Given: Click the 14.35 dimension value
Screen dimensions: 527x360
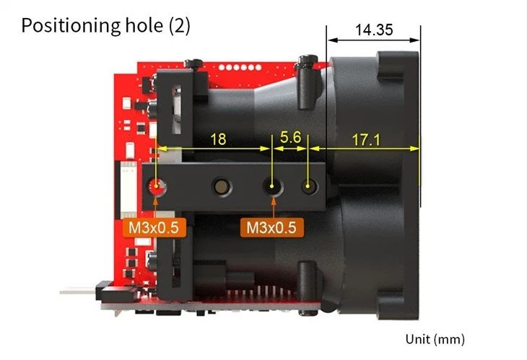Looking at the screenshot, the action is [374, 30].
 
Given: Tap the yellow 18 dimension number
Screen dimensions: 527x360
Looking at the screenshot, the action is [218, 139].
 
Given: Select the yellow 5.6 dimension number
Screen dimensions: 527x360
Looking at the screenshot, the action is [290, 137].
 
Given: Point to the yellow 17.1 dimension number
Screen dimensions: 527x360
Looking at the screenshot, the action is [366, 140].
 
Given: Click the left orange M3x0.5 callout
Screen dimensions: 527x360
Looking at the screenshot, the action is [154, 228].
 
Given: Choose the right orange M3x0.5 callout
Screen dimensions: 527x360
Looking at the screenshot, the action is [271, 228].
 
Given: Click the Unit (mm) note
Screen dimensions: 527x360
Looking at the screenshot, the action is [435, 339].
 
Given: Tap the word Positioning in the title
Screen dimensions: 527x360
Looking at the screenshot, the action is [71, 25].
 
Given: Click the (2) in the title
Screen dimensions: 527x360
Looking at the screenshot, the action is [180, 25].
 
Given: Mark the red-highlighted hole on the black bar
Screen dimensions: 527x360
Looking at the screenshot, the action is [157, 187].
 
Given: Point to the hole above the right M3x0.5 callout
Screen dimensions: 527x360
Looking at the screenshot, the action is [273, 186].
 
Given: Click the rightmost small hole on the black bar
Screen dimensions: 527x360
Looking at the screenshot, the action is [308, 186].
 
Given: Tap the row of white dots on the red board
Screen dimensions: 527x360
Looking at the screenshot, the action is [240, 68].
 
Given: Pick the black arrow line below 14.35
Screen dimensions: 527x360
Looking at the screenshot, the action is [373, 40].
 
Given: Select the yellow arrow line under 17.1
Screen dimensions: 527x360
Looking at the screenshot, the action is [365, 149].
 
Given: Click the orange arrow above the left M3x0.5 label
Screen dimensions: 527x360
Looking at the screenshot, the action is [156, 207].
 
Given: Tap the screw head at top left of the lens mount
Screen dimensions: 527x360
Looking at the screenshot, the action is [193, 63].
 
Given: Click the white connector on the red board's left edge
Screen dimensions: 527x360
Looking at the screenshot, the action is [128, 190].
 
